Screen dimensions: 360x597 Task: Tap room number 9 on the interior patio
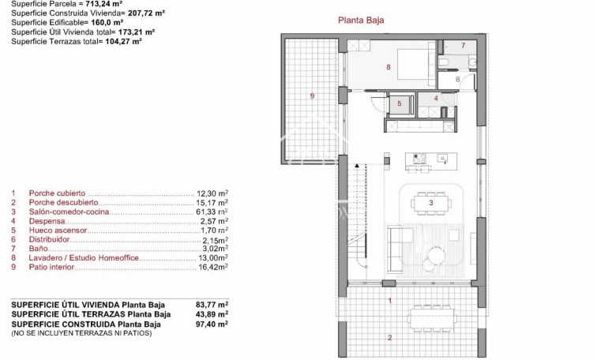(x=312, y=96)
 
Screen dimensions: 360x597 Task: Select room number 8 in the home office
(x=389, y=68)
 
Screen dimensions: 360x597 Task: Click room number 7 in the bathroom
(x=463, y=46)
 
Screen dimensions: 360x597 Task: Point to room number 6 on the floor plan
(x=458, y=80)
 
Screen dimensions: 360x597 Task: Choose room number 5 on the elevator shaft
(x=400, y=103)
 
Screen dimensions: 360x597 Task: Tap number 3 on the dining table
(x=430, y=203)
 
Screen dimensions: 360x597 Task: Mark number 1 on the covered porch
(x=389, y=300)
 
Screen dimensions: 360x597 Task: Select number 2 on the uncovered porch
(x=389, y=338)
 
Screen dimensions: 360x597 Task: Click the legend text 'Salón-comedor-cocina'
(x=68, y=212)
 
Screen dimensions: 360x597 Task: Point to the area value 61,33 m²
(x=212, y=212)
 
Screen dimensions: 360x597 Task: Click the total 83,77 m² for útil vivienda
(x=211, y=304)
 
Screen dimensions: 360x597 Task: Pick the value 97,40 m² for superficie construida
(x=211, y=323)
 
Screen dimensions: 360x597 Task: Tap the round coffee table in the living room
(x=435, y=254)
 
